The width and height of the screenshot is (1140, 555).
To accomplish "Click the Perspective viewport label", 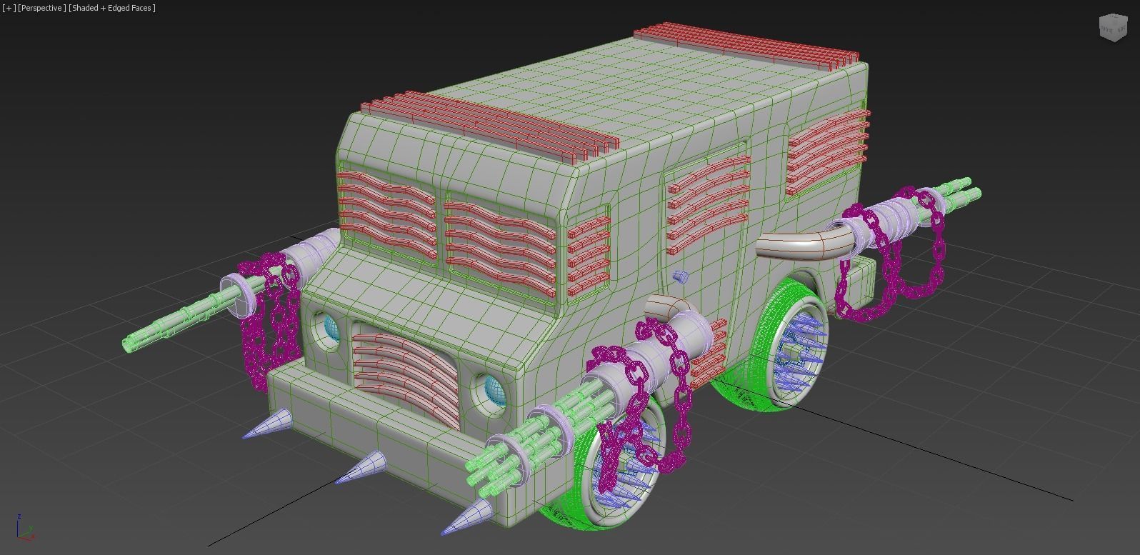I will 42,8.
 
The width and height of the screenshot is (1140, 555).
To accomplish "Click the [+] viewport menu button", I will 9,8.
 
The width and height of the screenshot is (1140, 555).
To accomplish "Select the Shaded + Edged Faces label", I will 112,8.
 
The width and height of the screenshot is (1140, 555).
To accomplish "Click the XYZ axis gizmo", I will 23,528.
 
